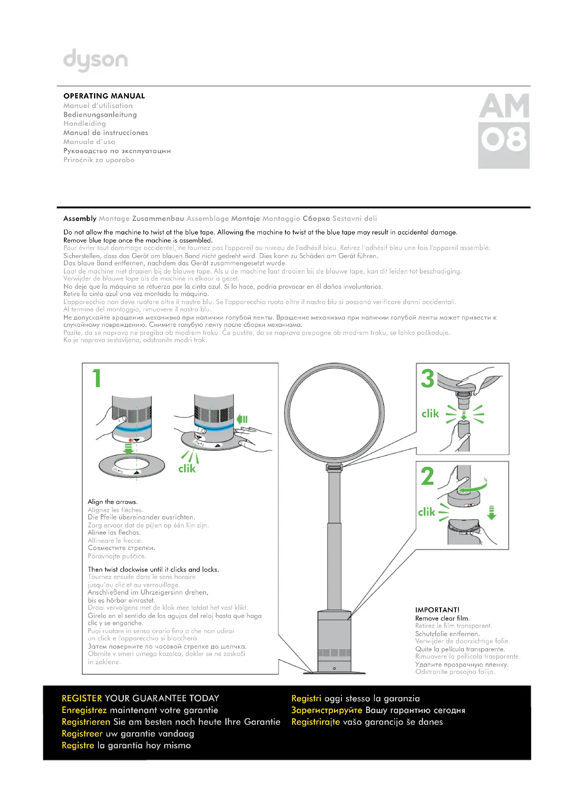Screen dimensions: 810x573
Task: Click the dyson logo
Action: pos(95,60)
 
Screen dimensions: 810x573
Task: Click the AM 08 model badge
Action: pos(503,131)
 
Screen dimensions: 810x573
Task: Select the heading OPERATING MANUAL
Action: pos(104,96)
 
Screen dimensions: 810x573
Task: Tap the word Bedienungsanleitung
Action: pos(100,115)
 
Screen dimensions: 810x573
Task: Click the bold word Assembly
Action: pos(80,219)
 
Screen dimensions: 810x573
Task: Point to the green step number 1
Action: pos(97,378)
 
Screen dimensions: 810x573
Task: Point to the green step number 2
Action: pos(427,476)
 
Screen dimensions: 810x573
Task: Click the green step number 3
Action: pos(427,378)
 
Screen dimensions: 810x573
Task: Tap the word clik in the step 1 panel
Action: pos(187,469)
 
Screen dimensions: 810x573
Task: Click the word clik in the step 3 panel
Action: pos(430,413)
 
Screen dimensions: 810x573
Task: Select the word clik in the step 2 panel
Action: pos(426,512)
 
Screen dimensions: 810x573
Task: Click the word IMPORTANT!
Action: pos(437,610)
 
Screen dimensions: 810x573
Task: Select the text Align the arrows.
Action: pos(113,502)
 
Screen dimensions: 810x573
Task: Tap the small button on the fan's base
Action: pos(334,668)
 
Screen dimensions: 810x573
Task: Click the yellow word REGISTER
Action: pos(82,698)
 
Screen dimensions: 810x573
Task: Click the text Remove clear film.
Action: pos(442,618)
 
